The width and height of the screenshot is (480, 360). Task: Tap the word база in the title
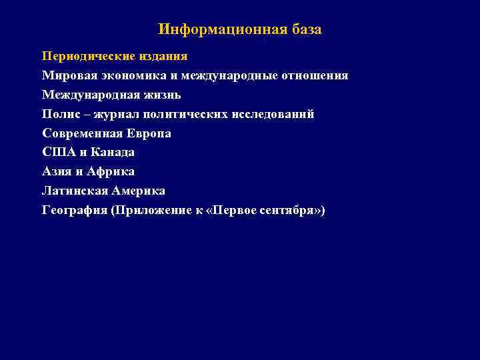(306, 30)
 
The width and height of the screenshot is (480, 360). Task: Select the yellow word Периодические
(82, 56)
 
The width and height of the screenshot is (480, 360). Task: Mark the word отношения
(314, 75)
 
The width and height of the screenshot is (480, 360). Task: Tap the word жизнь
(158, 95)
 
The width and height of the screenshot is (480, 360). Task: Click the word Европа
(149, 133)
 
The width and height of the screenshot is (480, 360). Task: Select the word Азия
(57, 172)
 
